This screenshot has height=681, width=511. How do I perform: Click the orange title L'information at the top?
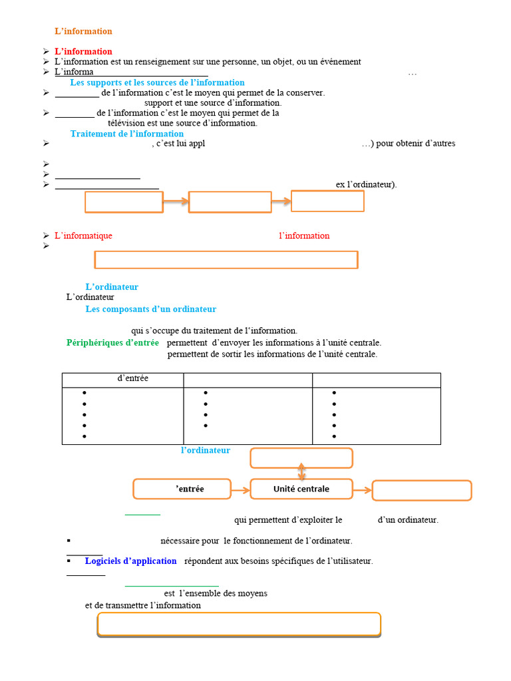click(83, 31)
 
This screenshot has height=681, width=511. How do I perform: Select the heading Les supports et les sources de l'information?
click(157, 82)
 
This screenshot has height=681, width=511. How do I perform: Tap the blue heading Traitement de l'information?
click(127, 134)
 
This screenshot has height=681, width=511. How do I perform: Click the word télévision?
click(126, 123)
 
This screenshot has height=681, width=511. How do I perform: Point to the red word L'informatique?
click(83, 235)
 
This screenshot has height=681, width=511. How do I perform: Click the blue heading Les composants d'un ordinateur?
click(151, 309)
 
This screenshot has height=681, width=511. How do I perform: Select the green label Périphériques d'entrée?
click(112, 342)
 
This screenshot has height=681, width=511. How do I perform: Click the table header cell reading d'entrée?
click(123, 380)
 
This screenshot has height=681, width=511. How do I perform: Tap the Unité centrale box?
click(301, 489)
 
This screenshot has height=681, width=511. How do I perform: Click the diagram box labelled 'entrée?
click(182, 489)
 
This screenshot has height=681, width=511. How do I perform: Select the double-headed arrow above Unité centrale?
click(301, 472)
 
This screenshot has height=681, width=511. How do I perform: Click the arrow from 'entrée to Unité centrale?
click(240, 490)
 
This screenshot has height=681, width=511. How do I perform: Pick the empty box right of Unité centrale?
click(422, 490)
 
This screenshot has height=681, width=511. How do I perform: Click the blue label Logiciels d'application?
click(131, 561)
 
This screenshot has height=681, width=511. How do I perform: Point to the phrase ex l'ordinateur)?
click(367, 185)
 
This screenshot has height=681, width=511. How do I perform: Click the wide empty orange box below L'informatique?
click(226, 260)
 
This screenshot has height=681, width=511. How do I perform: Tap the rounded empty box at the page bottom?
click(239, 624)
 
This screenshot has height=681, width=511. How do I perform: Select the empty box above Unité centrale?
click(301, 458)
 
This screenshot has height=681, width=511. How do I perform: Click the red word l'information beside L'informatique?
click(304, 235)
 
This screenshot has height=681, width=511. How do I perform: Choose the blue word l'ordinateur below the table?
click(206, 450)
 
